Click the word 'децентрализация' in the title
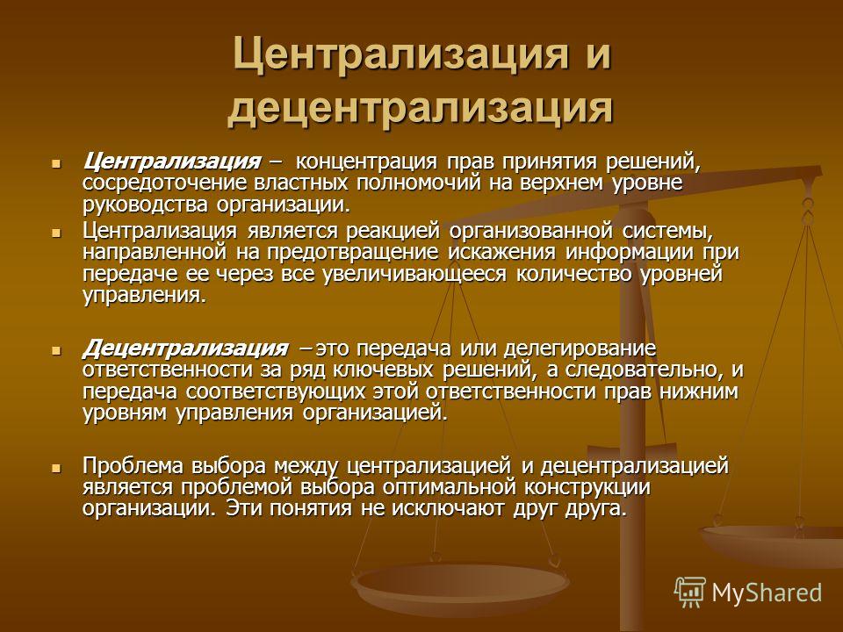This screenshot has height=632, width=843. click(x=420, y=108)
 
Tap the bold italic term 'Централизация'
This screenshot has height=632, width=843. click(x=171, y=162)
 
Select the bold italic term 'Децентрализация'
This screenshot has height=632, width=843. click(x=185, y=348)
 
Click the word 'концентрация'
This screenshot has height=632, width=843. click(x=367, y=162)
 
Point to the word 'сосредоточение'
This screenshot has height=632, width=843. click(x=165, y=183)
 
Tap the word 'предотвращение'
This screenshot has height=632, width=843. click(x=353, y=253)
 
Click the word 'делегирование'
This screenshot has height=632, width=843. click(x=580, y=348)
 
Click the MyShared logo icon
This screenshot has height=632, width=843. click(x=690, y=592)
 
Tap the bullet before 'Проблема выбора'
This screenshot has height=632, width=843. click(x=56, y=468)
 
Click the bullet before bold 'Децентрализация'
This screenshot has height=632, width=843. click(x=56, y=351)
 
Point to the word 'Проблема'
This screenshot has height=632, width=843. click(x=133, y=465)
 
